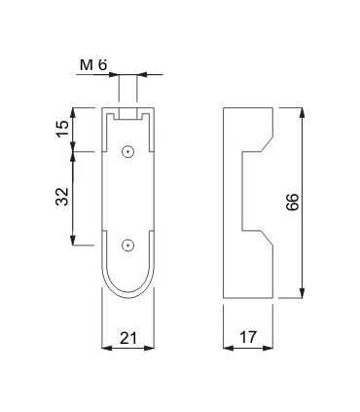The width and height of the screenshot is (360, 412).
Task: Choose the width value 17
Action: tap(246, 338)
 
